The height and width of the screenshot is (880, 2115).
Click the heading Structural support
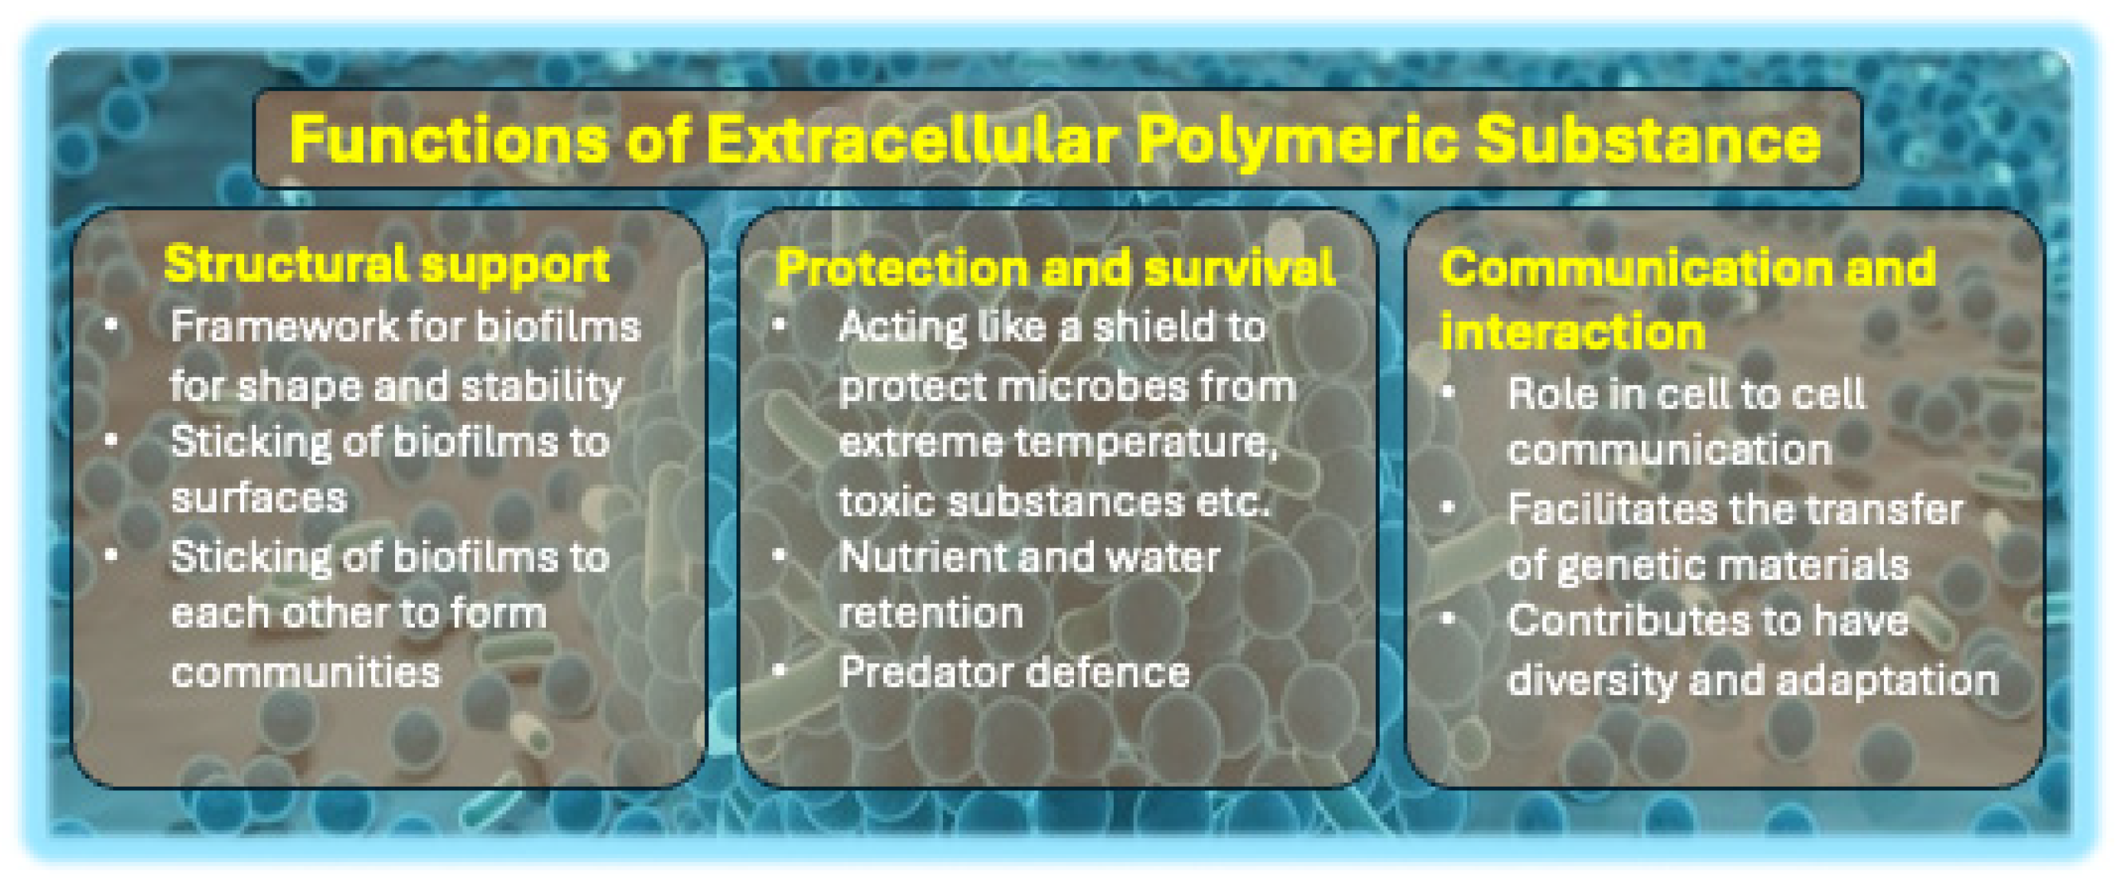click(x=386, y=265)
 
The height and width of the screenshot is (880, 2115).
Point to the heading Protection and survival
click(x=1055, y=269)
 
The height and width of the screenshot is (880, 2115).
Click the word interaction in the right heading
click(x=1573, y=332)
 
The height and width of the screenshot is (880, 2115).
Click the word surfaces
click(x=259, y=498)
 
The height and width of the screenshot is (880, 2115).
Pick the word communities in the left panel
click(x=305, y=673)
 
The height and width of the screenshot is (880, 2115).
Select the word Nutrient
click(x=911, y=557)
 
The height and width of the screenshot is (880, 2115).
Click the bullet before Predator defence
click(x=779, y=671)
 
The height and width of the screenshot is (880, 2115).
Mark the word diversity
click(x=1591, y=681)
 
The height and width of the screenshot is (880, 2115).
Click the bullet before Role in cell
click(x=1448, y=393)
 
